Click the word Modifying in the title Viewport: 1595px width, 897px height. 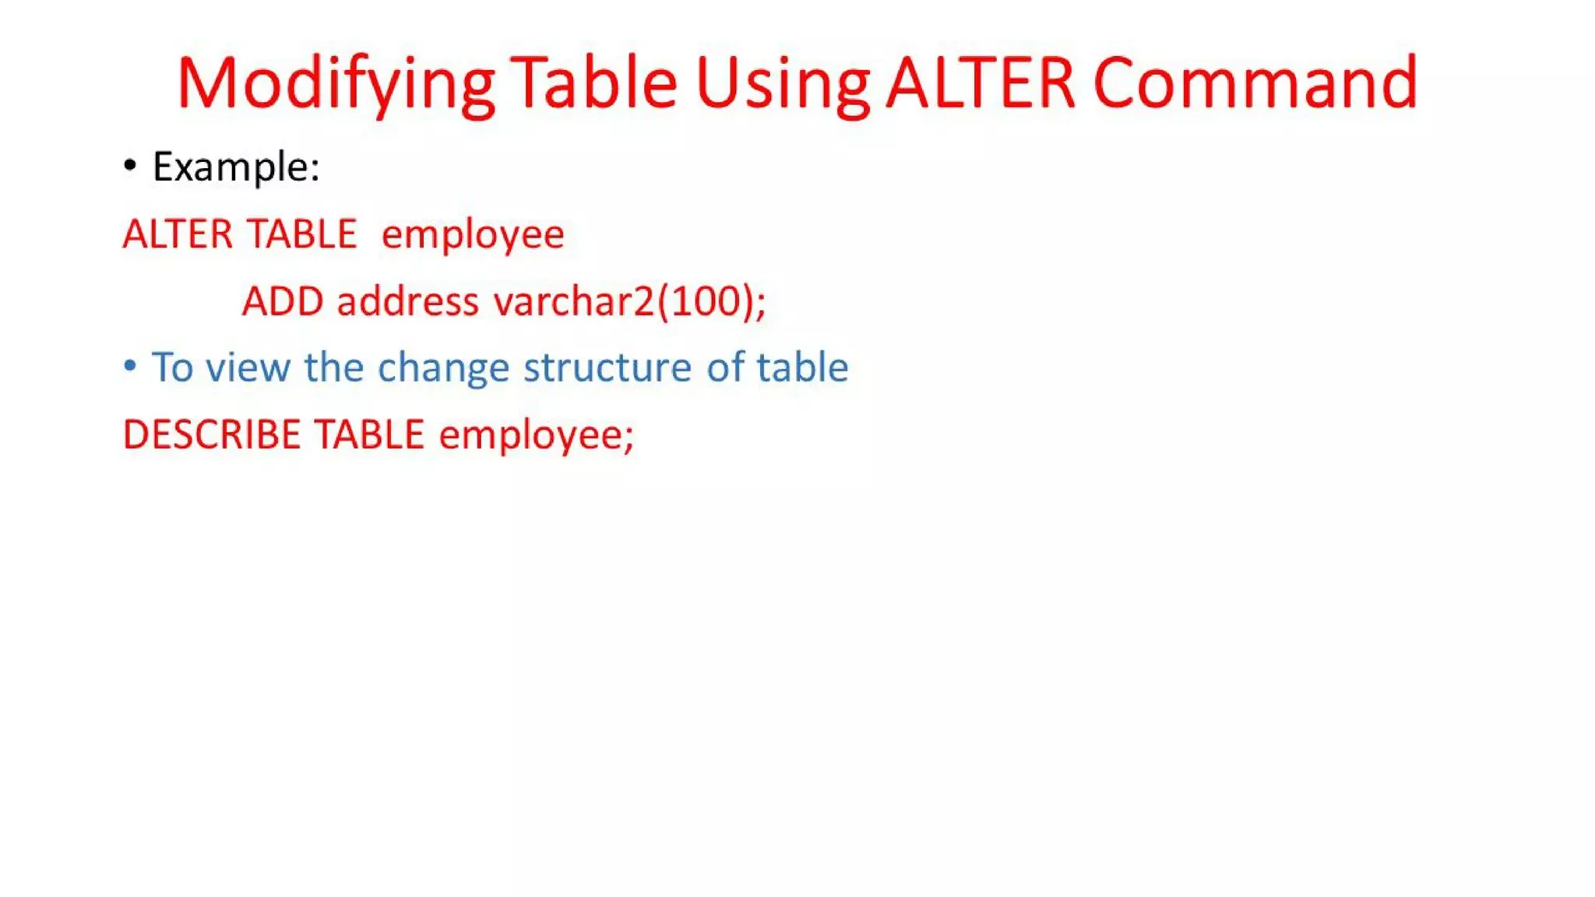click(x=335, y=84)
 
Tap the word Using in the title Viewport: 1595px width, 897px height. click(x=782, y=84)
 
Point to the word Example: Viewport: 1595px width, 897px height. click(x=236, y=167)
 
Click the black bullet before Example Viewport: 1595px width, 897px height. click(x=130, y=165)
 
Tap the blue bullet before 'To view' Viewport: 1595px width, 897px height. click(x=130, y=365)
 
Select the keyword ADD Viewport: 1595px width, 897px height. click(x=283, y=301)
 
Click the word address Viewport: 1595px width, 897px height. click(x=407, y=301)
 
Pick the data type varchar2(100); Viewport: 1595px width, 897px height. click(x=630, y=301)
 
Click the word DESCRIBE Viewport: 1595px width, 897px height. click(x=211, y=434)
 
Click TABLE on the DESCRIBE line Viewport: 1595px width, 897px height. click(x=369, y=434)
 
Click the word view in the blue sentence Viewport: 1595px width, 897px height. click(x=248, y=368)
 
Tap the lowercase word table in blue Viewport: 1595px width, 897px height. click(x=802, y=368)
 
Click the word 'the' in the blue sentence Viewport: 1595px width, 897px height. click(x=333, y=368)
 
